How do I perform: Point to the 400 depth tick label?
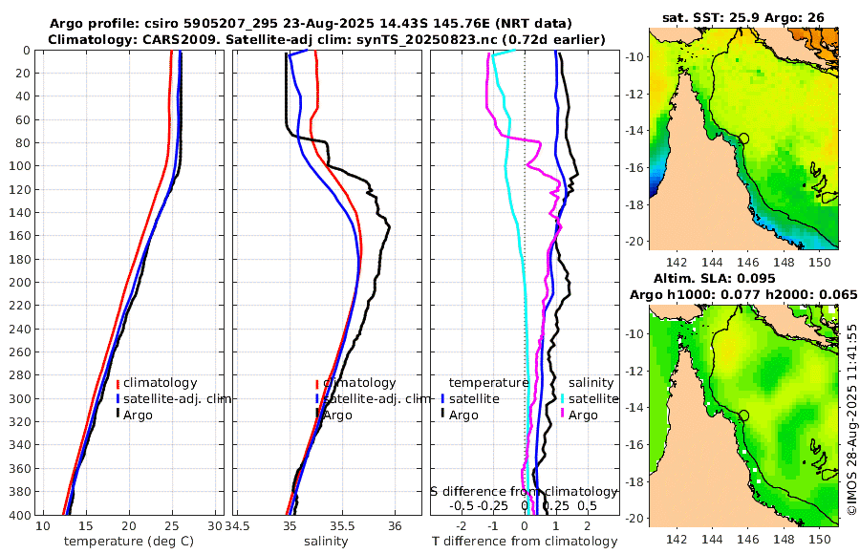click(x=17, y=515)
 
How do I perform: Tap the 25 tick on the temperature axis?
click(x=173, y=526)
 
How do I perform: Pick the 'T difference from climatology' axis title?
click(x=524, y=542)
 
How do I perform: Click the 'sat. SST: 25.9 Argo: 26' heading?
click(x=743, y=17)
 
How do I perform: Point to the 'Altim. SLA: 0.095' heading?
click(x=743, y=278)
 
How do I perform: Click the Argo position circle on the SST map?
click(x=744, y=138)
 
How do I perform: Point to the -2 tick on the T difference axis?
click(x=462, y=526)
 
